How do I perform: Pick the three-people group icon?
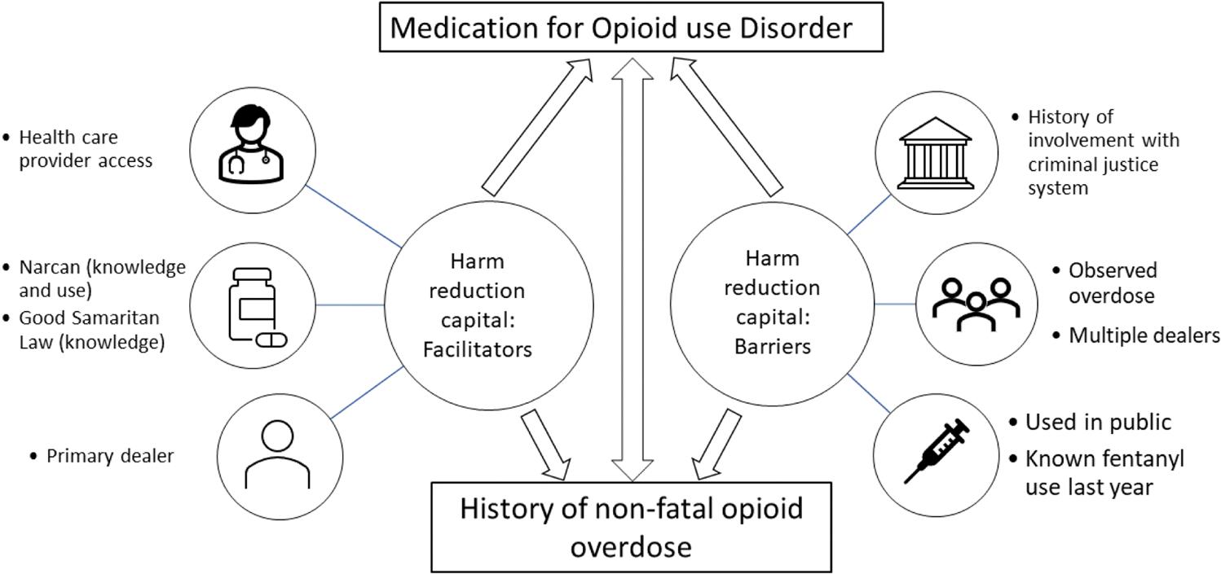tap(976, 302)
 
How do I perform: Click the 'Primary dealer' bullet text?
tap(109, 456)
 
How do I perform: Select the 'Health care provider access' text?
tap(85, 149)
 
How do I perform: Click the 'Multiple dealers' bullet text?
tap(1144, 335)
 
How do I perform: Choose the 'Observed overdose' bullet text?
tap(1112, 283)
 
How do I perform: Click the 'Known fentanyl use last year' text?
tap(1104, 473)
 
